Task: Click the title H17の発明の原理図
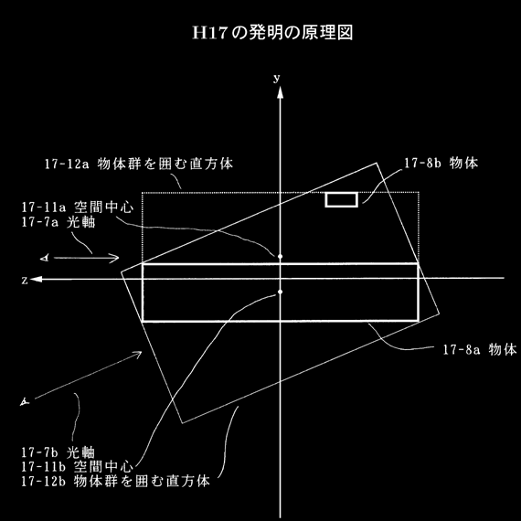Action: coord(272,33)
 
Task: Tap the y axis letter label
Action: coord(276,78)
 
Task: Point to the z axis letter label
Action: coord(25,281)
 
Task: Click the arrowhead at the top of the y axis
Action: coord(280,92)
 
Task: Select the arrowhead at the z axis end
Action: coord(36,279)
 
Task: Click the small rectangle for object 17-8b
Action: coord(342,199)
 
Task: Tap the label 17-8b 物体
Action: coord(441,163)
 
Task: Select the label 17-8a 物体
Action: coord(480,349)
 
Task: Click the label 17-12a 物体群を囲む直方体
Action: coord(139,164)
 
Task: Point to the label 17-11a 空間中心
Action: coord(78,207)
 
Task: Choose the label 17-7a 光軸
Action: coord(58,222)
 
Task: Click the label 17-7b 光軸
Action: coord(58,452)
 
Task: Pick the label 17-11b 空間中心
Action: coord(77,467)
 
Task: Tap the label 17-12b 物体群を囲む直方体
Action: coord(116,482)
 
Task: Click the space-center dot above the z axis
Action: coord(280,257)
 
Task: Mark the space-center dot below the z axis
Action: coord(280,292)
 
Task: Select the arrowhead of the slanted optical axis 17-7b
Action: coord(137,355)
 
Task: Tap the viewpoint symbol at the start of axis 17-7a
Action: coord(45,258)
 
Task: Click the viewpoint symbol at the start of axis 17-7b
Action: coord(25,402)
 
